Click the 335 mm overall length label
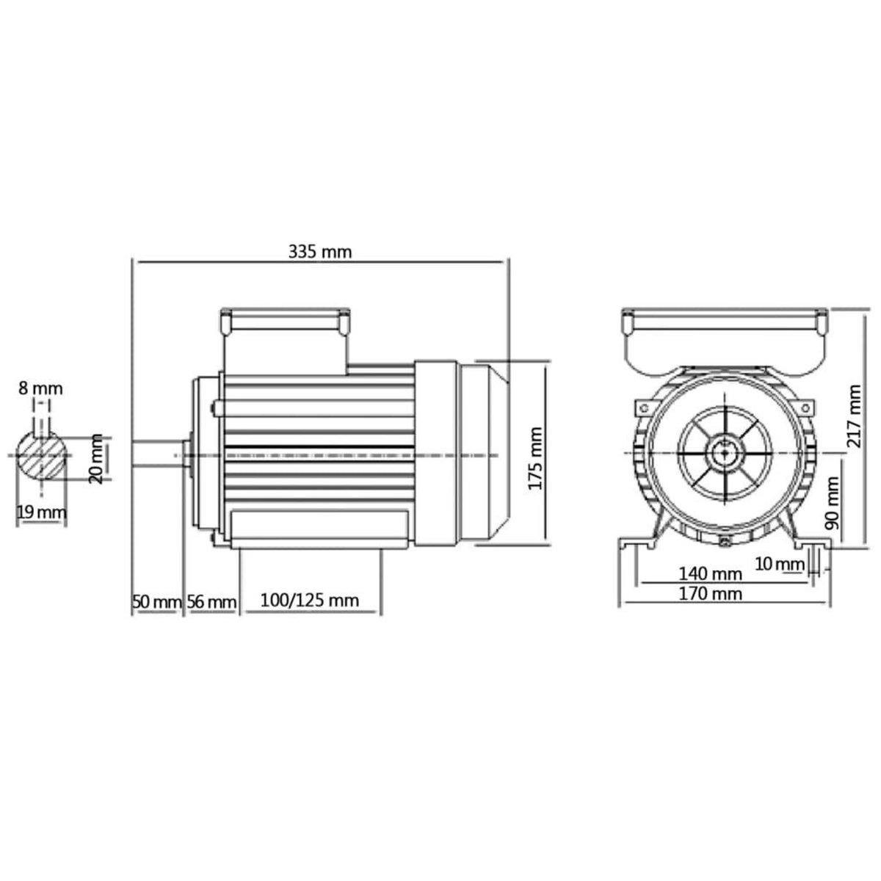319,252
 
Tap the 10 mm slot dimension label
780,564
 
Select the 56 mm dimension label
211,602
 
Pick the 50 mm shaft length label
156,602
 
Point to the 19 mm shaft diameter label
41,512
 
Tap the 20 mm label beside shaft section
95,459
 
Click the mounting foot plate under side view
319,529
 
